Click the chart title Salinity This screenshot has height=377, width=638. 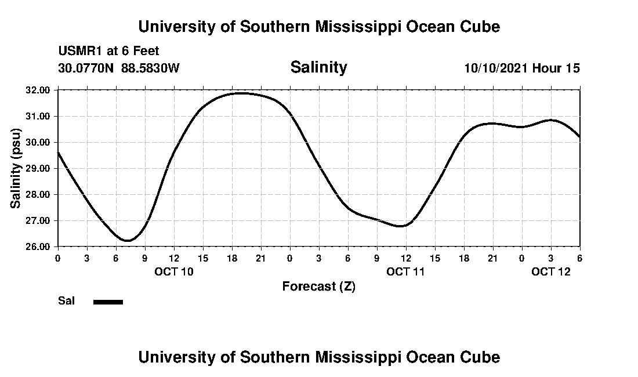click(318, 67)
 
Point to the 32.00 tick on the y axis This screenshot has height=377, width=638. click(38, 90)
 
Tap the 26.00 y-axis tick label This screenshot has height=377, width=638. click(38, 246)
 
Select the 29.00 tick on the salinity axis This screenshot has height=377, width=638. click(38, 168)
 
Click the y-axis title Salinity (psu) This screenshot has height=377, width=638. click(16, 168)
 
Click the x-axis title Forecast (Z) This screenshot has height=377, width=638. click(318, 286)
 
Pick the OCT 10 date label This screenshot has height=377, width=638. click(174, 271)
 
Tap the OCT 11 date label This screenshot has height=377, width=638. click(406, 271)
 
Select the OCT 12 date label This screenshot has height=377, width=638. click(551, 271)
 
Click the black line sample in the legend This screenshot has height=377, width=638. click(108, 302)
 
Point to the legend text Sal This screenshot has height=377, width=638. click(66, 301)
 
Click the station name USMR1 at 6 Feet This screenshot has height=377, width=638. click(108, 51)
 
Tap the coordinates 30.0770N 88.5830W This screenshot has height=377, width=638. click(119, 68)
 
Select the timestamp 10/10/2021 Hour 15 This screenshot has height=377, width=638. click(522, 68)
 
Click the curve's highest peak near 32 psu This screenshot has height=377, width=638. click(240, 93)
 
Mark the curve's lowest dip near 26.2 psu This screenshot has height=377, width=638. click(128, 240)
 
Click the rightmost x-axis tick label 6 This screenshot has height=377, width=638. click(579, 258)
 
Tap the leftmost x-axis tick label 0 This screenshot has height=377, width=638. click(57, 258)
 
